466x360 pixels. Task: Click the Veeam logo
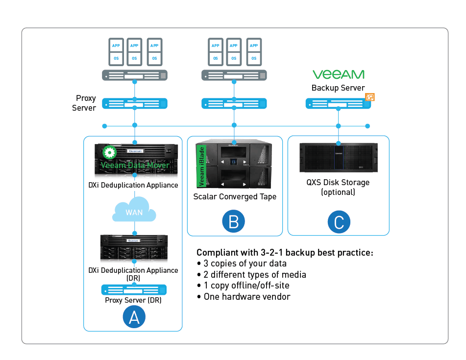tap(338, 74)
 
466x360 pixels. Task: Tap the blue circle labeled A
tap(134, 317)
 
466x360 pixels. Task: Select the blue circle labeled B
tap(234, 221)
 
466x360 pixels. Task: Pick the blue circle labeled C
tap(339, 221)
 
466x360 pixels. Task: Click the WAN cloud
tap(134, 211)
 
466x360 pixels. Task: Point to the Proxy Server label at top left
tap(84, 103)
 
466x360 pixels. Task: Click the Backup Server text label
tap(338, 88)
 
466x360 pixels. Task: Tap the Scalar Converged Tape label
tap(235, 197)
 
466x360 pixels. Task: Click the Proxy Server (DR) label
tap(133, 300)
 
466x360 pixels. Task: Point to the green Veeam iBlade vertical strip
tap(200, 166)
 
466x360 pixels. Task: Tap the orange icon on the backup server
tap(369, 97)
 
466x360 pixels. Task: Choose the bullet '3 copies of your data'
tap(238, 264)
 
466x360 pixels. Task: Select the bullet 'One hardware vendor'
tap(243, 297)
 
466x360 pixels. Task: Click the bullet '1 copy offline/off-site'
tap(243, 286)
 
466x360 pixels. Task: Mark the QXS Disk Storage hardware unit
tap(338, 157)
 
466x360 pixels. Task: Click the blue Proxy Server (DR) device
tap(134, 289)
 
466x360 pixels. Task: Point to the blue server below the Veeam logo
tap(337, 104)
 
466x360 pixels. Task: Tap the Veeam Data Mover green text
tap(135, 165)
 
